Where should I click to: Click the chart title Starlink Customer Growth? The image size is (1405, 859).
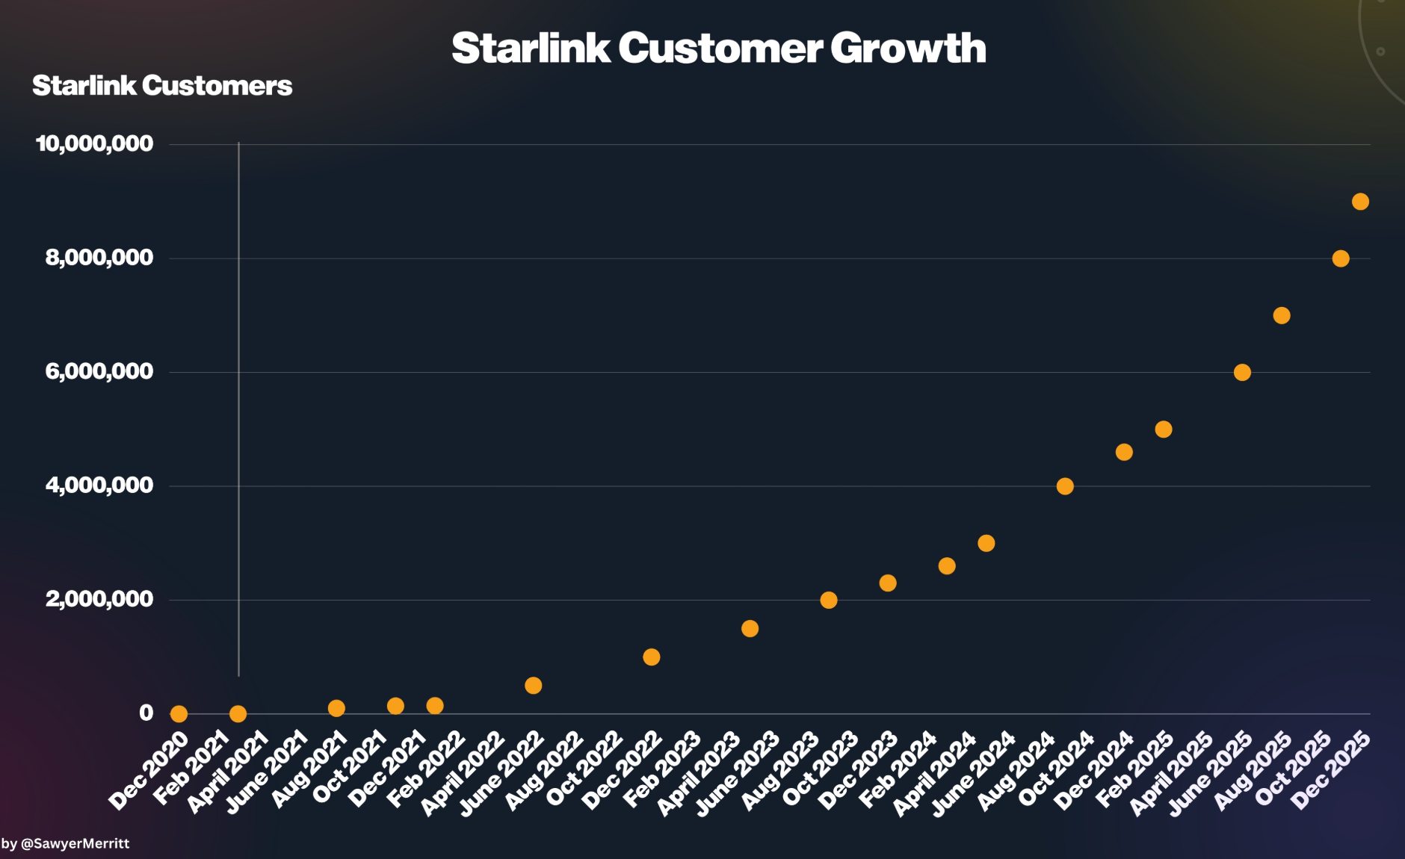[718, 48]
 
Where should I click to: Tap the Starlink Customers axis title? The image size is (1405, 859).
[162, 86]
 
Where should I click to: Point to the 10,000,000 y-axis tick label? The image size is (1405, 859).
[95, 143]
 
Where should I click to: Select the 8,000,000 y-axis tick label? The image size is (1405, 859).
[99, 258]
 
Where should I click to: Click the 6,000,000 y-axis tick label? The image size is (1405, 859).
[99, 371]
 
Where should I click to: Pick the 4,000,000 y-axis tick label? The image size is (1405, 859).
[99, 486]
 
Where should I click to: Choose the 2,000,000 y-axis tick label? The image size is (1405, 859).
[99, 599]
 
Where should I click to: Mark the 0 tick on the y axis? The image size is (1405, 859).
[146, 713]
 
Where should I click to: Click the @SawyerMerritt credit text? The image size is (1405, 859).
[66, 844]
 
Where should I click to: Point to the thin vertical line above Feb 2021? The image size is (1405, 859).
[238, 411]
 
